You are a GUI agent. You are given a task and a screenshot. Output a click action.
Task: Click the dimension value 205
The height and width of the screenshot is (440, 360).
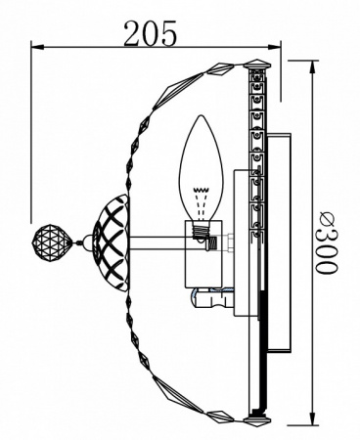click(x=151, y=33)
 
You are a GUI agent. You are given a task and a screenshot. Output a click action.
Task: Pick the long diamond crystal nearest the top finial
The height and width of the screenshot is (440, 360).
click(x=227, y=67)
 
